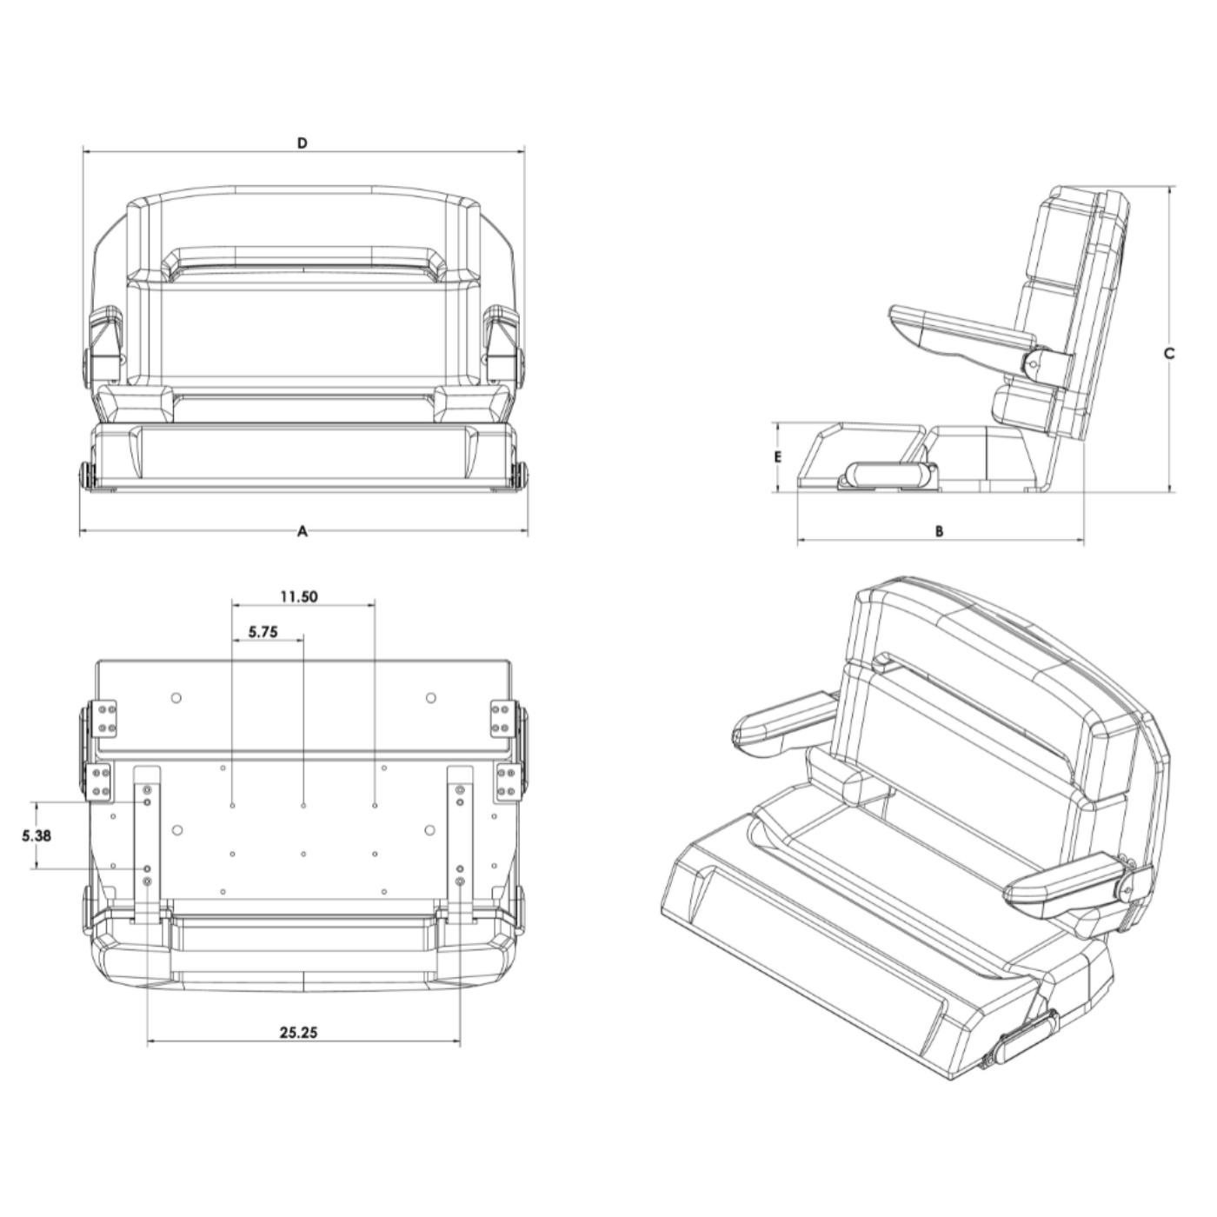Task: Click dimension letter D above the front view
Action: coord(303,143)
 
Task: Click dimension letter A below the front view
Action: coord(303,531)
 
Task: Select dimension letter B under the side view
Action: coord(939,531)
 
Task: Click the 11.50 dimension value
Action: coord(298,596)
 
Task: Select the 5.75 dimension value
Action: coord(263,632)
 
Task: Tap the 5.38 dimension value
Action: coord(36,835)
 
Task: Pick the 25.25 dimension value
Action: coord(298,1033)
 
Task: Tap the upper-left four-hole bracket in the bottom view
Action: coord(108,718)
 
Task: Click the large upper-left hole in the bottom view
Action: coord(176,697)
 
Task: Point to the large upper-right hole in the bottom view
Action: coord(429,697)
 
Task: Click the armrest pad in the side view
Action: coord(956,330)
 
